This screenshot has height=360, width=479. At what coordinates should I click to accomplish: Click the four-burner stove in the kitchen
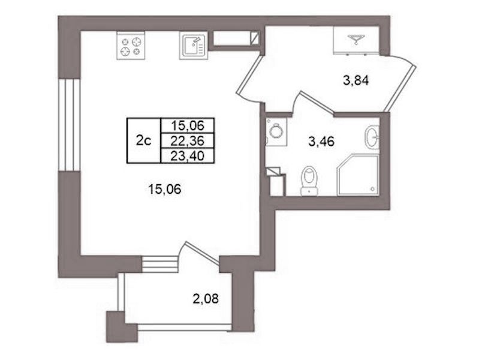point(131,46)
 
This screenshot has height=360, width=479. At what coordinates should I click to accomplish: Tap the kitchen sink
point(194,46)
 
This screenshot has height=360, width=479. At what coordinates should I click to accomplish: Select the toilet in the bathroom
point(309,181)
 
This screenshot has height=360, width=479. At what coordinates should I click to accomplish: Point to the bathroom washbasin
point(372,137)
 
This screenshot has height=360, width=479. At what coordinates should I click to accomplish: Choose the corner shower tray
point(358,175)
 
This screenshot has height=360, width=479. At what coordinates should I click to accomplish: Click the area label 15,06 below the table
point(164,190)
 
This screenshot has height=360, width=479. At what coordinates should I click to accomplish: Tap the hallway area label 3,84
point(356,81)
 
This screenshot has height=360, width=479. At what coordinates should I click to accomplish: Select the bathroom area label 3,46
point(321,142)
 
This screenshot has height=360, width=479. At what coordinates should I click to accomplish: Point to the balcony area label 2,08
point(206,298)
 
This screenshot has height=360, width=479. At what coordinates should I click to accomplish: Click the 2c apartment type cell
point(144,140)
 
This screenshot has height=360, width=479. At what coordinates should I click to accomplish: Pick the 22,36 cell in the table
point(188,141)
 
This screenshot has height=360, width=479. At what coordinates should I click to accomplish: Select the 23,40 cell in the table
point(188,156)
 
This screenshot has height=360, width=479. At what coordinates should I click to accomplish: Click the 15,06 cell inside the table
point(188,125)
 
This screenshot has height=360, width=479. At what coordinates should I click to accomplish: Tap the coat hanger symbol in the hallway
point(356,39)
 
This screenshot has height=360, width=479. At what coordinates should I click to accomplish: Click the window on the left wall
point(70,125)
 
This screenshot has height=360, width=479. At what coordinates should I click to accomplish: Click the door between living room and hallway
point(248,80)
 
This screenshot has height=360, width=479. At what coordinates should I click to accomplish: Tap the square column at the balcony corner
point(122,326)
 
